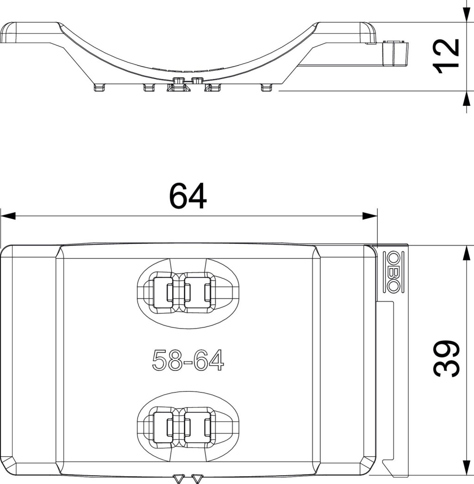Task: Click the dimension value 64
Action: (x=188, y=196)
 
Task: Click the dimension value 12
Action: (x=446, y=56)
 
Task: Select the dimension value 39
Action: (x=446, y=358)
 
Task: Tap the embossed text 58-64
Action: (x=188, y=360)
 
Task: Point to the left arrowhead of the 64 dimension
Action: (x=8, y=216)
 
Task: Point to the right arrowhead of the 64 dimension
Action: (x=370, y=216)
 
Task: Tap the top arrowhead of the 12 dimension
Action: (x=467, y=14)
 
